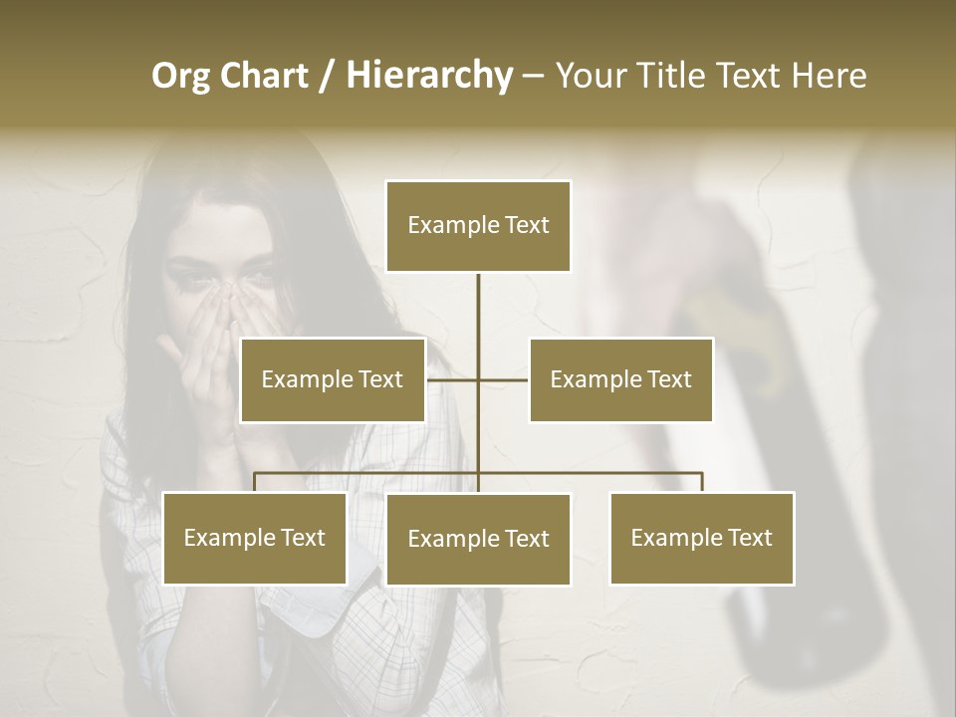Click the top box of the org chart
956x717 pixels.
coord(478,226)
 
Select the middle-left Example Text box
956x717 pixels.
coord(333,379)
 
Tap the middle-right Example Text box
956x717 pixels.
coord(620,379)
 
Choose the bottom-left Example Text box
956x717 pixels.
coord(255,538)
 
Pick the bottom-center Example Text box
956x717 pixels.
coord(478,539)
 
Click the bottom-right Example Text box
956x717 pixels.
coord(702,538)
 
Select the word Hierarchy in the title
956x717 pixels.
coord(429,76)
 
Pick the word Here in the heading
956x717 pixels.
coord(831,76)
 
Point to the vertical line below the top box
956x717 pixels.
coord(478,309)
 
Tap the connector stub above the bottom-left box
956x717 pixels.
coord(255,482)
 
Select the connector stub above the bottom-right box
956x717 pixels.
coord(702,482)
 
